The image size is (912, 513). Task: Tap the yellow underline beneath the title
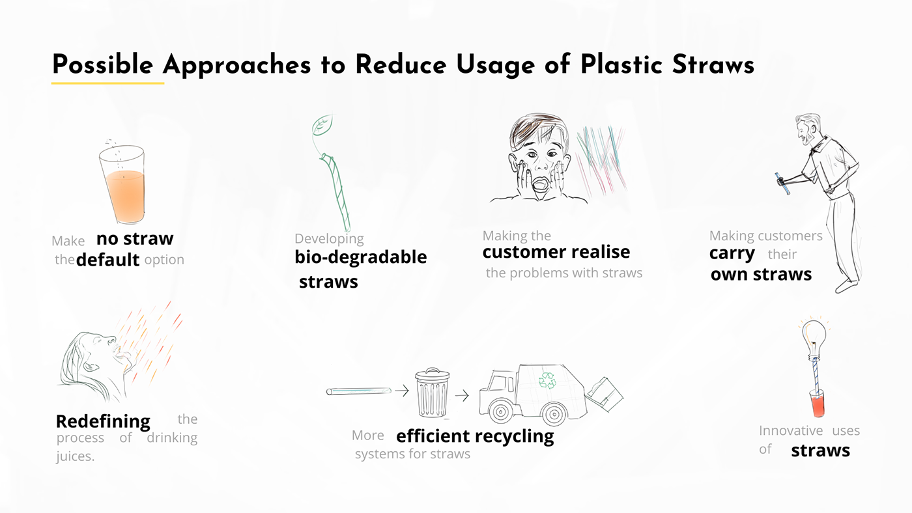click(x=108, y=83)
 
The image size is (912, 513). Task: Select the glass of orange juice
click(x=122, y=184)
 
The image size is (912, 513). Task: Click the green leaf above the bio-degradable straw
click(x=322, y=124)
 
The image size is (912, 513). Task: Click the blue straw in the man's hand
click(x=782, y=183)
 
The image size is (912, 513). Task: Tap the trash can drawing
click(x=432, y=392)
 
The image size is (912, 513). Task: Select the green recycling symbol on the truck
click(x=547, y=380)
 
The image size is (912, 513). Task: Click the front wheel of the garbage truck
click(x=500, y=411)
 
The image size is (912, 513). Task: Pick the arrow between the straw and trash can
click(x=402, y=391)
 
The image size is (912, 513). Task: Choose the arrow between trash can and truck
click(x=462, y=395)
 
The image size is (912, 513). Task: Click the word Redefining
click(x=103, y=422)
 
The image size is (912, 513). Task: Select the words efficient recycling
click(x=475, y=436)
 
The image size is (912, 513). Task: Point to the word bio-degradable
click(x=361, y=257)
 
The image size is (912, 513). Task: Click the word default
click(x=108, y=260)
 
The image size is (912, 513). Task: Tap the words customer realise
click(x=556, y=252)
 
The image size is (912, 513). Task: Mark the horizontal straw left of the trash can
click(x=359, y=391)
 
